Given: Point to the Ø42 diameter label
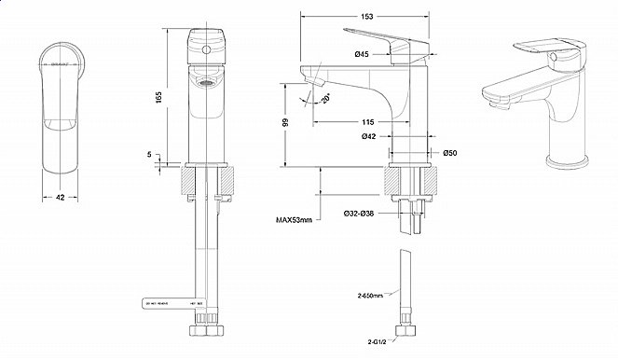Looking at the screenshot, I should [367, 137].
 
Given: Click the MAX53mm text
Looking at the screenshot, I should [295, 220].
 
